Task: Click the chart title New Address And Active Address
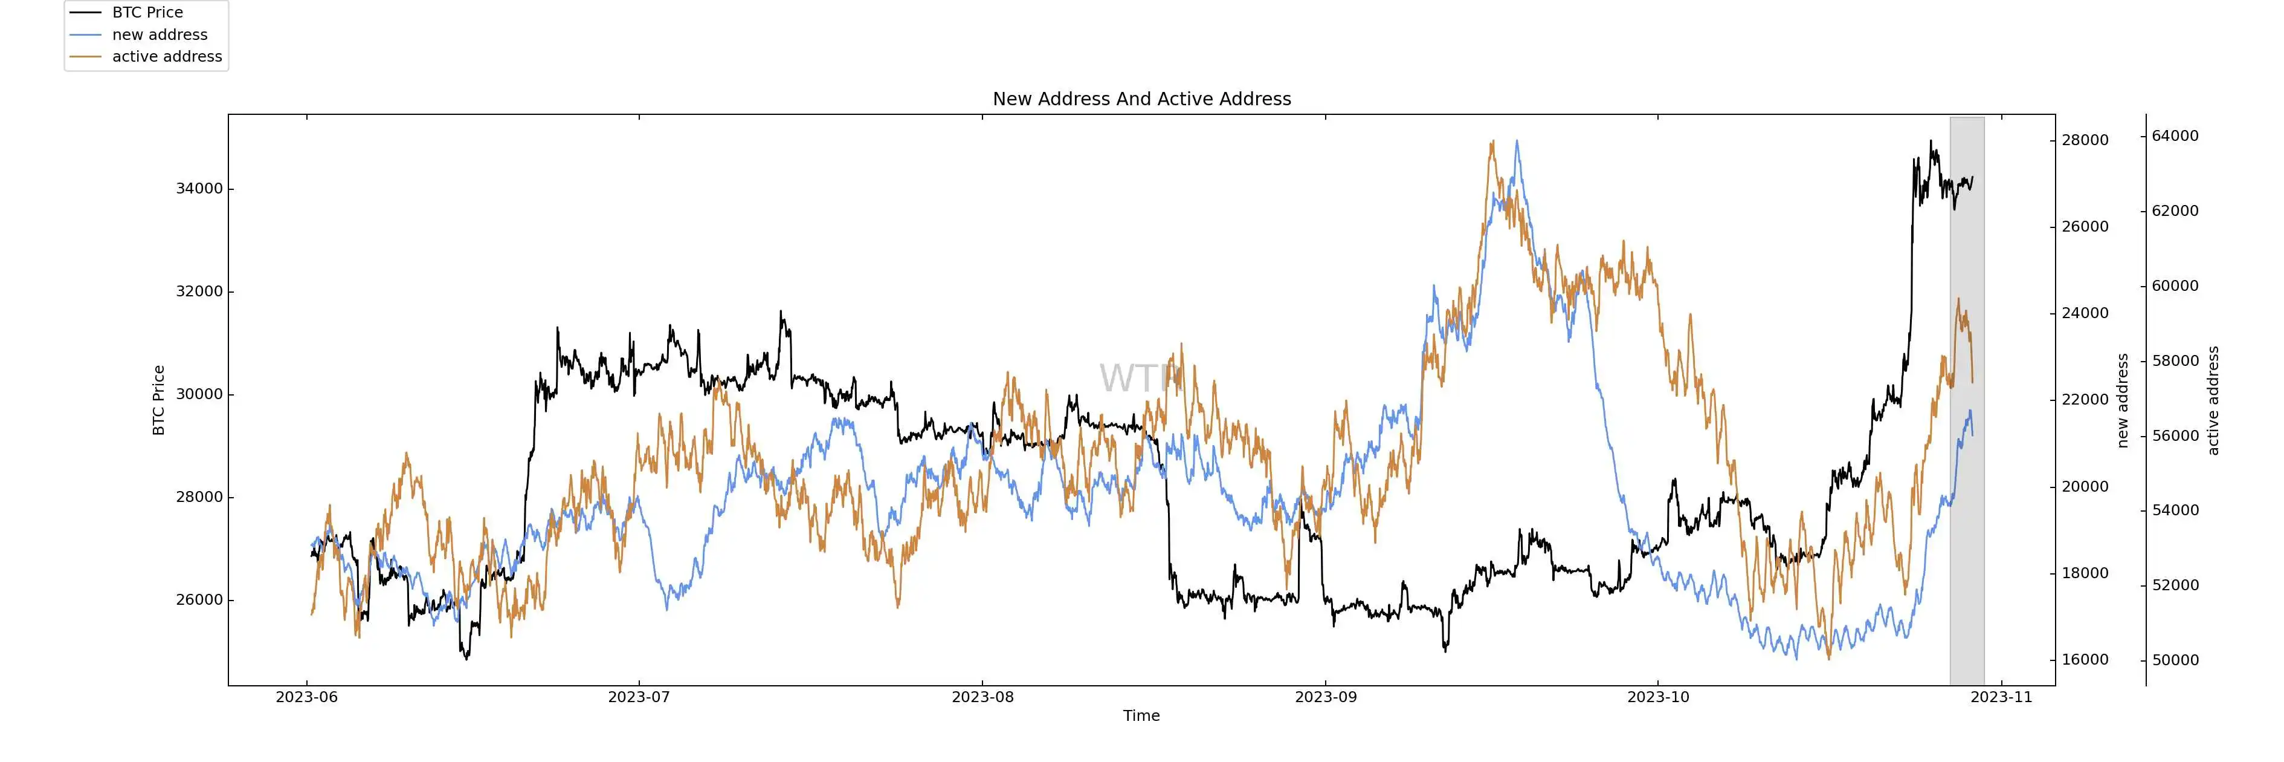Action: pos(1141,99)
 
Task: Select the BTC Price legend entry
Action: pos(147,13)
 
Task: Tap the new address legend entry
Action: pos(160,34)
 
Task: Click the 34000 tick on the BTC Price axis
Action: pos(199,189)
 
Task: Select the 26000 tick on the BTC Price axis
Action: pos(199,601)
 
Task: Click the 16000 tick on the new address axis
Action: pos(2085,660)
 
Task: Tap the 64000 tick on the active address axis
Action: pos(2175,135)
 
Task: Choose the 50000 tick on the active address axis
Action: pos(2175,660)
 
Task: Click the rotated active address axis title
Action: pos(2213,400)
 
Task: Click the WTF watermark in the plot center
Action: pos(1140,378)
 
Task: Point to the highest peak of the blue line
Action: pos(1517,141)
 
